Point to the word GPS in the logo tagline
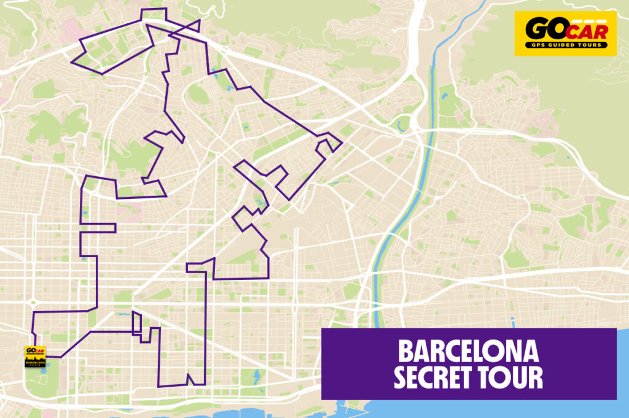535,45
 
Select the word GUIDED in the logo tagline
556,45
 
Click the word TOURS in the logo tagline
584,45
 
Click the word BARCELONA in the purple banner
468,352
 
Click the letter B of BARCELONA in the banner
405,352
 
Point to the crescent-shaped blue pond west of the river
402,126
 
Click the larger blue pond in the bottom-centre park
257,374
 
